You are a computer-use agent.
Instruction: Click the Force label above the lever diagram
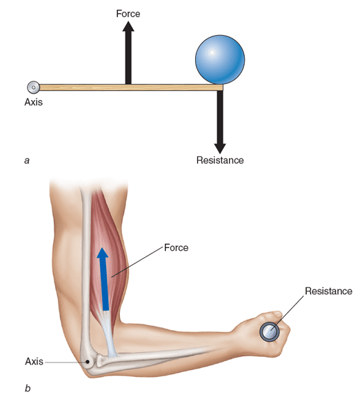[x=128, y=14]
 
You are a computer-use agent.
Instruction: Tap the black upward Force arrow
[x=128, y=52]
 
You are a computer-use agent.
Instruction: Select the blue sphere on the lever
[x=220, y=60]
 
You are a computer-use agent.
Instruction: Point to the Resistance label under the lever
[x=220, y=160]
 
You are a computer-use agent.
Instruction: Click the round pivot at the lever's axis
[x=33, y=88]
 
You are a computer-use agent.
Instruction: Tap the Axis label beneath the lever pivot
[x=33, y=102]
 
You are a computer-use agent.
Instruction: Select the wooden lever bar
[x=131, y=88]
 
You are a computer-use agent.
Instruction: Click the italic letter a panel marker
[x=27, y=161]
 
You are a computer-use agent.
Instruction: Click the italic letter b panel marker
[x=28, y=388]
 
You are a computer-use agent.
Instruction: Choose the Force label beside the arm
[x=176, y=247]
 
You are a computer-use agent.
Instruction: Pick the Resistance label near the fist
[x=329, y=291]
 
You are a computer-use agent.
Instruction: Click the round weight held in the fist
[x=270, y=331]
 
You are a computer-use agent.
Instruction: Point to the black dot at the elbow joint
[x=88, y=362]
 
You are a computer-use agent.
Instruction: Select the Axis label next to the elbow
[x=34, y=361]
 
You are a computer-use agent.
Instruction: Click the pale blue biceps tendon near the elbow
[x=109, y=336]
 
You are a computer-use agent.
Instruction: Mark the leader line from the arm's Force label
[x=137, y=262]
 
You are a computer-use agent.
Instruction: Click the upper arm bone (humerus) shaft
[x=86, y=267]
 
